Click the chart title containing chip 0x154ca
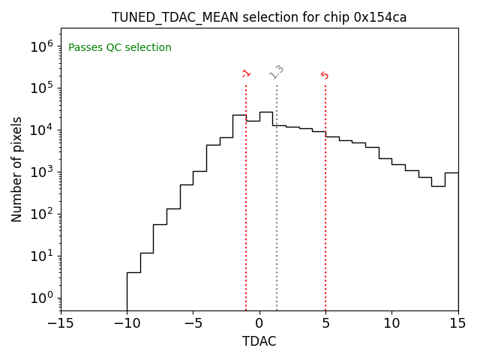click(x=259, y=17)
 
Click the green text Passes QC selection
click(x=120, y=48)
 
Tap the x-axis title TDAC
click(x=259, y=341)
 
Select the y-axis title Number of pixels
click(x=17, y=169)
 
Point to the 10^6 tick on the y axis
click(x=41, y=46)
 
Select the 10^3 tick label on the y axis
click(x=41, y=172)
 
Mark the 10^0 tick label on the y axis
click(x=41, y=298)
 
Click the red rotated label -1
click(x=246, y=73)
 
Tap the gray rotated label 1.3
click(x=277, y=72)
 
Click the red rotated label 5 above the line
click(x=325, y=75)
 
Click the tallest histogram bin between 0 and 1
click(x=265, y=210)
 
